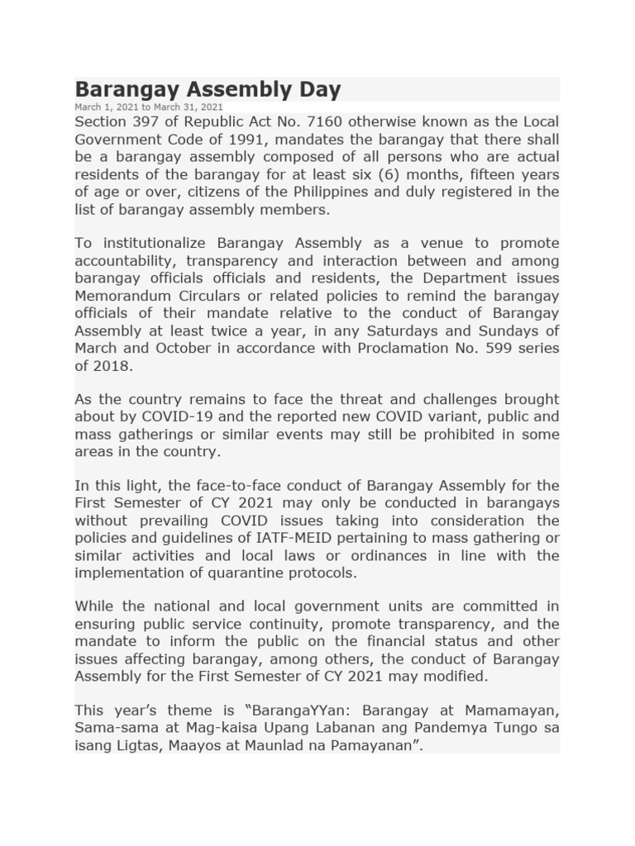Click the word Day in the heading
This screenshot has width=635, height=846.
[318, 89]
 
